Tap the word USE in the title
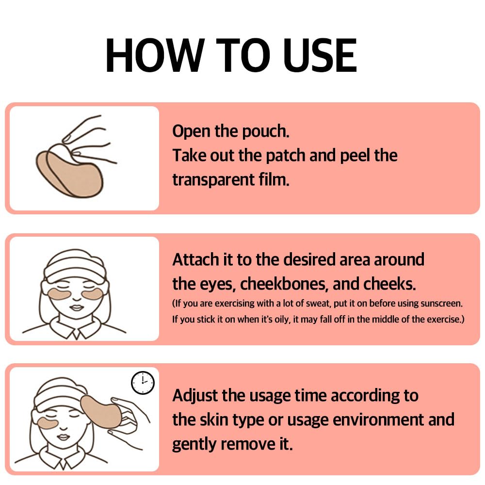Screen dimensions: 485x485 click(x=320, y=55)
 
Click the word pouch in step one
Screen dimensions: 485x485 click(x=266, y=132)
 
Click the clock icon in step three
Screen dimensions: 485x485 click(x=143, y=383)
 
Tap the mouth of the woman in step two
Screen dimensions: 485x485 click(x=76, y=308)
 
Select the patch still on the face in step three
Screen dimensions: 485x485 click(x=48, y=423)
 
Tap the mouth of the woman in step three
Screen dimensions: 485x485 click(x=64, y=437)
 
